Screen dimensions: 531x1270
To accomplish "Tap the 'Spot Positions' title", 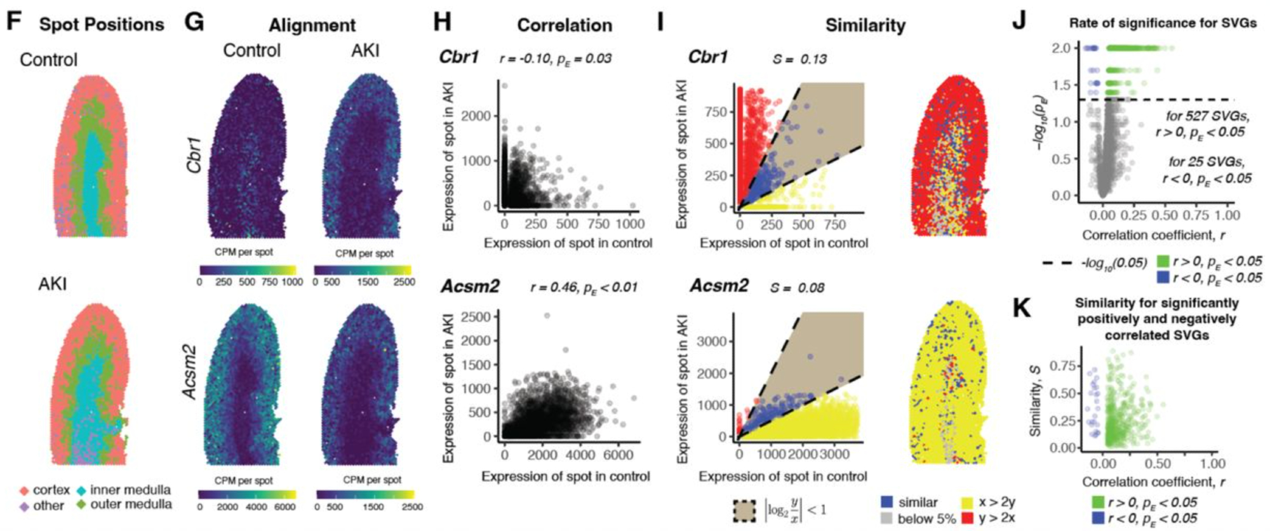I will pyautogui.click(x=102, y=25).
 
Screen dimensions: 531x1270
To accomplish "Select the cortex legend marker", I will pyautogui.click(x=25, y=491).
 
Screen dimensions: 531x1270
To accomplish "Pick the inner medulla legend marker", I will pyautogui.click(x=82, y=491).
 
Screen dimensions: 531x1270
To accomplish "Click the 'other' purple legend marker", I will pyautogui.click(x=25, y=507).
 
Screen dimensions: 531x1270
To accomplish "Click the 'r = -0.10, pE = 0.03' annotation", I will pyautogui.click(x=556, y=59).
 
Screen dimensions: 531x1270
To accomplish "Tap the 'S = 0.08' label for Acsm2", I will pyautogui.click(x=798, y=288).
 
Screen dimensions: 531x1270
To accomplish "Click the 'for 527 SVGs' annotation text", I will pyautogui.click(x=1208, y=116).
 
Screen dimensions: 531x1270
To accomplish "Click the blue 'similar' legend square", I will pyautogui.click(x=887, y=502).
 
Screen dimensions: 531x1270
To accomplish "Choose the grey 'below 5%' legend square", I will pyautogui.click(x=887, y=518).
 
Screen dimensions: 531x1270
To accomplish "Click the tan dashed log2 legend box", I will pyautogui.click(x=744, y=510).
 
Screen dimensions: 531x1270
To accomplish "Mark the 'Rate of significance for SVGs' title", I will pyautogui.click(x=1163, y=24).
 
